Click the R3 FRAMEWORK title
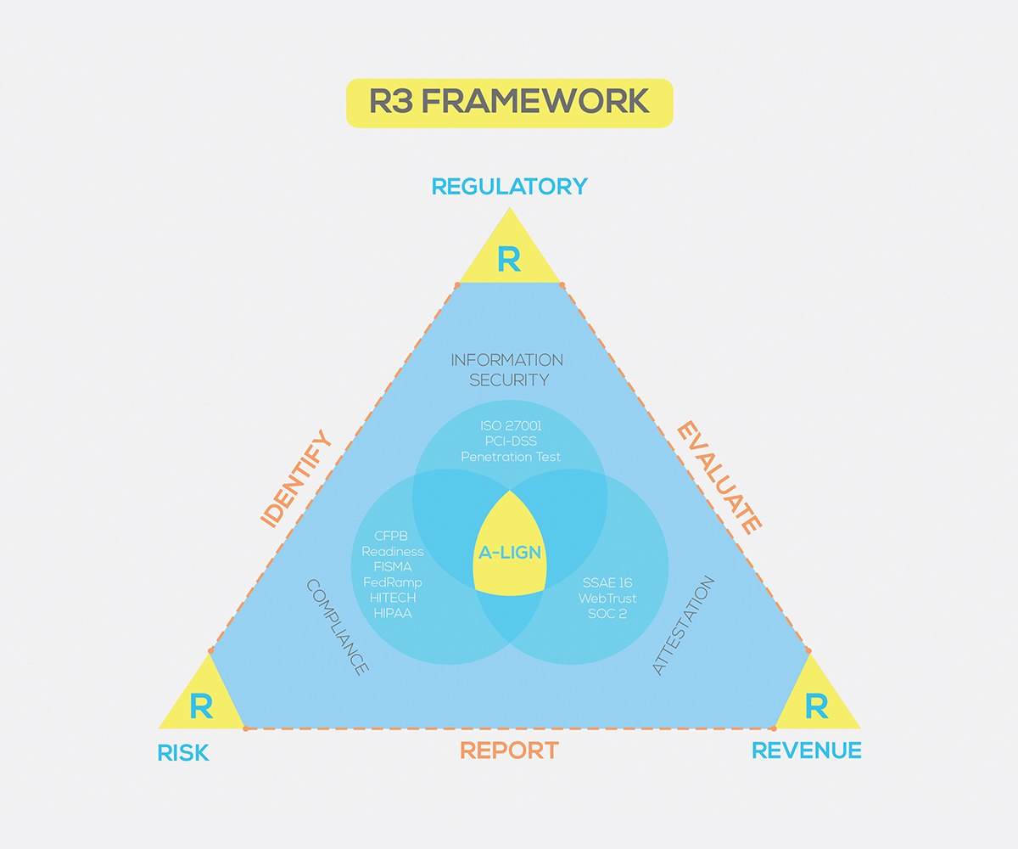pos(509,103)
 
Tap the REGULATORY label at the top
pos(509,187)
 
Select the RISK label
pos(183,753)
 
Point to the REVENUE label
pos(807,751)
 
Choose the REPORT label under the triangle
pos(509,751)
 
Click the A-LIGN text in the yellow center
pos(509,553)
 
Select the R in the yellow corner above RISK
pos(201,706)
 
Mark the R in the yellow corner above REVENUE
pos(816,706)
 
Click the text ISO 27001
pos(510,426)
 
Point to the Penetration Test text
pos(511,457)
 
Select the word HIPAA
pos(391,612)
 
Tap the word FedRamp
pos(392,582)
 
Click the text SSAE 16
pos(607,582)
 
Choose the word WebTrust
pos(607,598)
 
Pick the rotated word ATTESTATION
pos(684,626)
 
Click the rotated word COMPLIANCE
pos(337,627)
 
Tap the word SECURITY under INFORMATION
pos(509,380)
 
